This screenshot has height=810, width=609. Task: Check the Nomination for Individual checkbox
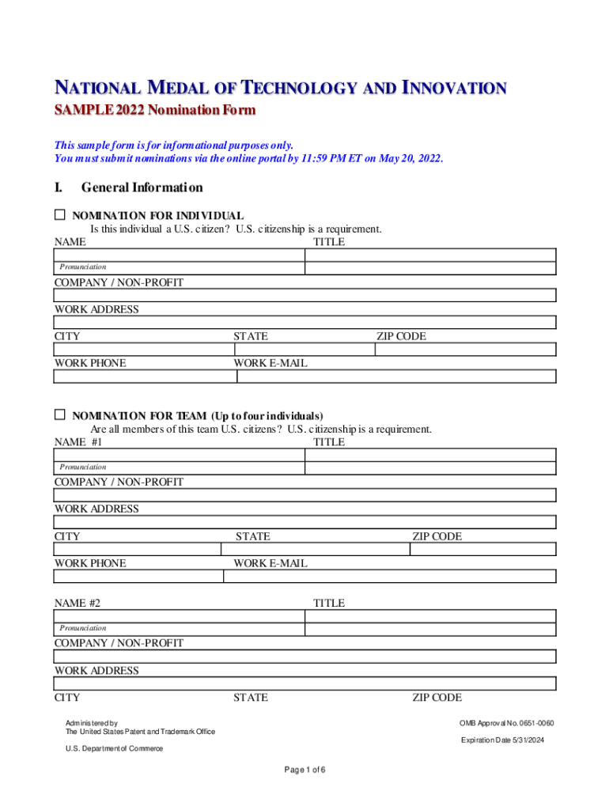click(x=59, y=214)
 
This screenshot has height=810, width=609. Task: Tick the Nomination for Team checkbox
click(x=59, y=414)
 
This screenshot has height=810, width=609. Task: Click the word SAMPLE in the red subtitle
click(x=81, y=110)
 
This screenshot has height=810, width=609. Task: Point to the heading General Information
click(x=142, y=187)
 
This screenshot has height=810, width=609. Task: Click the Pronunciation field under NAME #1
click(x=179, y=467)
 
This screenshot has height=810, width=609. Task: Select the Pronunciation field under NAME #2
click(x=179, y=628)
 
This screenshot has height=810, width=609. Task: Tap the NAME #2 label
click(x=77, y=603)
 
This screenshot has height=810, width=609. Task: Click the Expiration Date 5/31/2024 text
click(x=503, y=740)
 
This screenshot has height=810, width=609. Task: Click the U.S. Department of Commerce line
click(x=114, y=748)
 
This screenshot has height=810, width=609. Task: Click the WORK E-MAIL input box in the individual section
click(x=390, y=377)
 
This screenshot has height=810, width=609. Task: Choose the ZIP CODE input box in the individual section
click(x=465, y=349)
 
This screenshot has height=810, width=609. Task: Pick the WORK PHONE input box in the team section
click(x=138, y=576)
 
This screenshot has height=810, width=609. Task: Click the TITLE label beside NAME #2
click(x=328, y=603)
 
